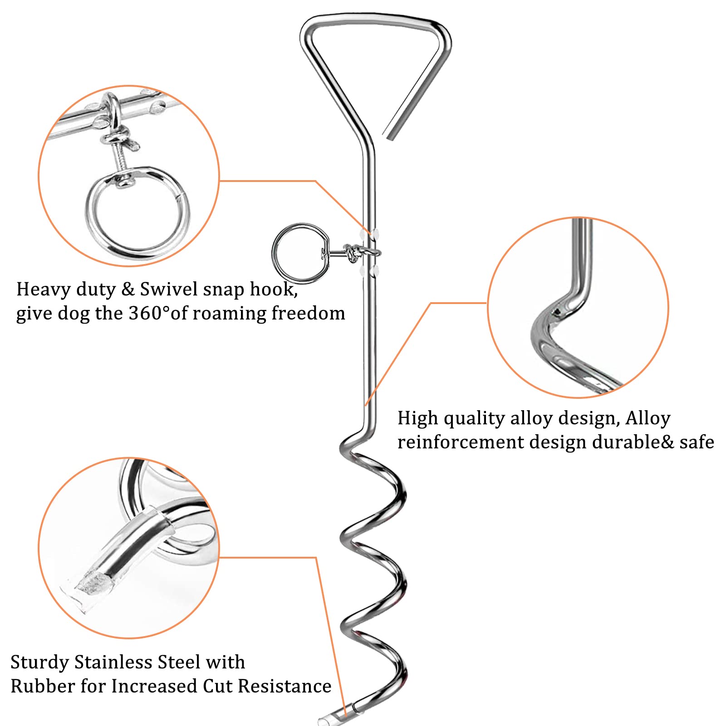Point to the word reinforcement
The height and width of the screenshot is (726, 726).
[461, 442]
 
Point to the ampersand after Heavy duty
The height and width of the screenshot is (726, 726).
[128, 289]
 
